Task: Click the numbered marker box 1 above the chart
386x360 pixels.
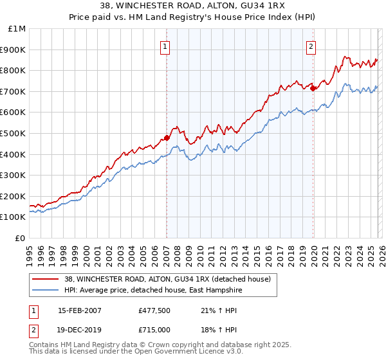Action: click(165, 46)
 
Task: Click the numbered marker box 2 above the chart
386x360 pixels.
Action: click(311, 46)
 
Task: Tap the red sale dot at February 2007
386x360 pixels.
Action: click(167, 138)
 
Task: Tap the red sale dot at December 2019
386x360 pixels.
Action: click(313, 88)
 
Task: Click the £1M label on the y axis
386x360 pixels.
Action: click(17, 28)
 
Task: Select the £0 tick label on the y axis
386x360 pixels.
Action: click(21, 238)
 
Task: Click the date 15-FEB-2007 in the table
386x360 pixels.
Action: click(80, 310)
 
